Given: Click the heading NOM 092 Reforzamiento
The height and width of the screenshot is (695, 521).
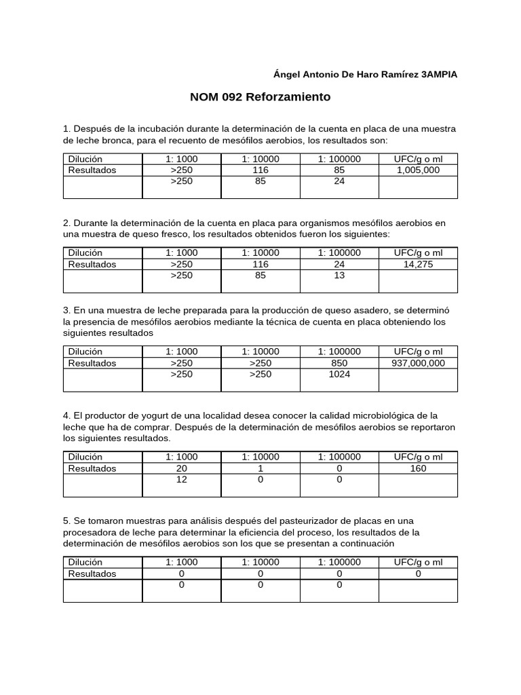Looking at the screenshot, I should [x=260, y=97].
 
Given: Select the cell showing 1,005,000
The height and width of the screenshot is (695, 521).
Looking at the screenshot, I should [x=418, y=170].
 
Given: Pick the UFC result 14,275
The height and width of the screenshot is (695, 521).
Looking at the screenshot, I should [x=418, y=265].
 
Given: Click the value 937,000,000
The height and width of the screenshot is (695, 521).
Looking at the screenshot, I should [x=418, y=363].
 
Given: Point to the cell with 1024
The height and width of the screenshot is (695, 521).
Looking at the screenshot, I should [x=339, y=374].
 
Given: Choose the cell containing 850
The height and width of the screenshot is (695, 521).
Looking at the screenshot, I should [x=339, y=363].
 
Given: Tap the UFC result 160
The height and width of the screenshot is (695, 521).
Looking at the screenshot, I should [x=418, y=468].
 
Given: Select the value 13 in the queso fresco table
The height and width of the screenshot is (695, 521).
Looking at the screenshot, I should [x=339, y=276].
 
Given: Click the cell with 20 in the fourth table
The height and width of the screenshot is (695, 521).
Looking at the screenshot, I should [x=181, y=468].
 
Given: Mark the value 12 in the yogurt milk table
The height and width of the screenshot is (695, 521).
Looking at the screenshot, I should [x=181, y=479].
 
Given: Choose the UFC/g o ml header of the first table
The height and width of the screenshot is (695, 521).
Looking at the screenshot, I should [x=418, y=159].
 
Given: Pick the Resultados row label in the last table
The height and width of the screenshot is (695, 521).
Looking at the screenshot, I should [x=92, y=574].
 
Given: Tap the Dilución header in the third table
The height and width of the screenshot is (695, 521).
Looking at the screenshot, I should [x=85, y=352].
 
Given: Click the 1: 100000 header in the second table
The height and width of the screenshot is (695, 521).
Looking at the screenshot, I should [x=339, y=253].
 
